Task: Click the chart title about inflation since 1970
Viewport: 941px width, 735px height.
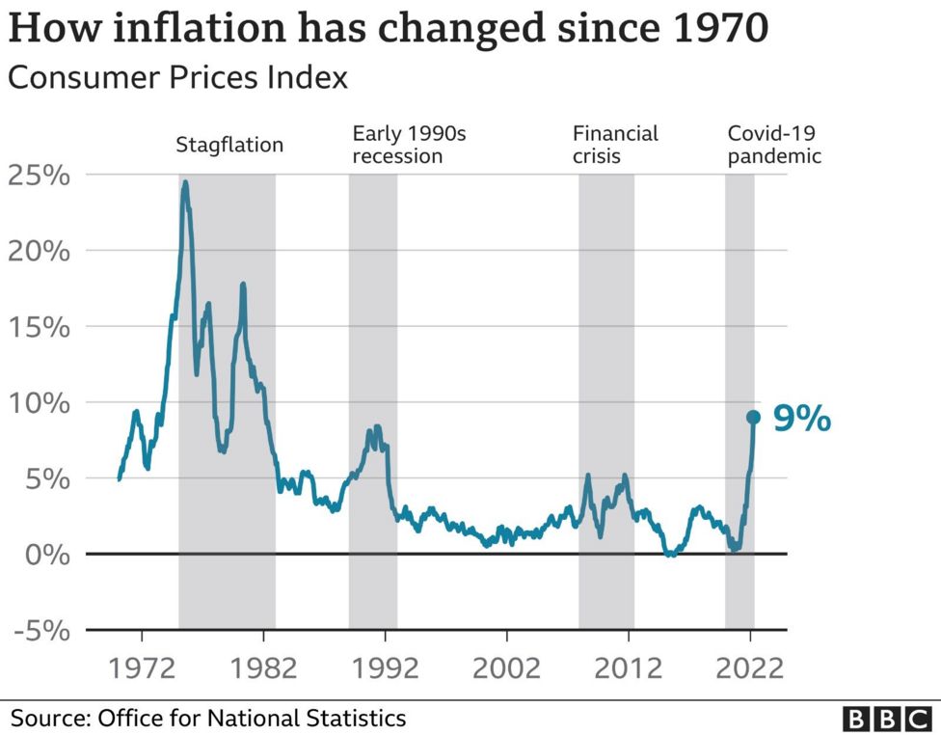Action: coord(388,28)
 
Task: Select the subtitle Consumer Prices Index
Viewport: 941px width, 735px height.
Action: coord(177,77)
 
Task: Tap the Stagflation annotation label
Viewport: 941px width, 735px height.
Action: coord(229,146)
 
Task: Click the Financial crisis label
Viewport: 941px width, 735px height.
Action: coord(615,144)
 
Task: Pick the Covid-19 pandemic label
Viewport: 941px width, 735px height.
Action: coord(774,144)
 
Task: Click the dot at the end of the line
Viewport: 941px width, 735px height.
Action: coord(753,418)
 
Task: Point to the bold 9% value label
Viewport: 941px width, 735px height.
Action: coord(801,419)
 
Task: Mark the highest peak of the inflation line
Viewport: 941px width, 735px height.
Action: coord(185,182)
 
